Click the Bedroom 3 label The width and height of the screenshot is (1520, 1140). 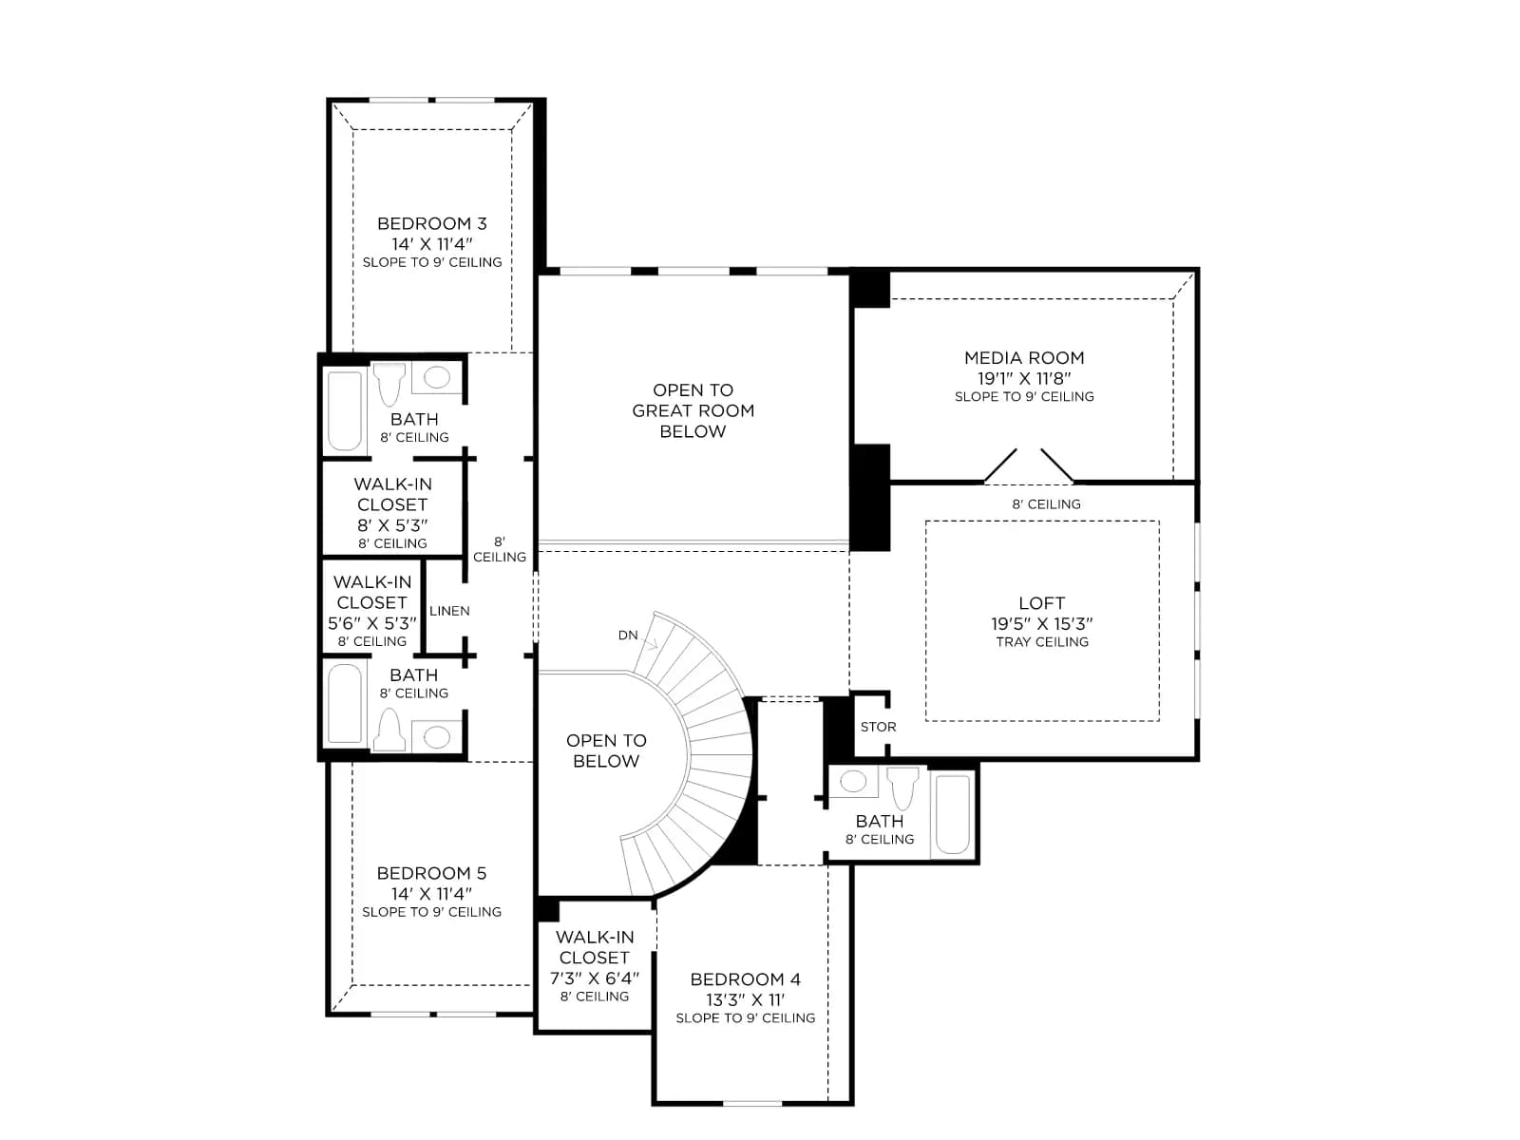click(x=431, y=223)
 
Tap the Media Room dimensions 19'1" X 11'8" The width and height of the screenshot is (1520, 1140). click(x=1023, y=378)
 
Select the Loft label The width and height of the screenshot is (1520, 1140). click(x=1041, y=603)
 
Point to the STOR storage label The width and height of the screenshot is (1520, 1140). click(x=878, y=727)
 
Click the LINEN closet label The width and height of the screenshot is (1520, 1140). click(x=449, y=611)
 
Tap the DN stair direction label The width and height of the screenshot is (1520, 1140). click(x=627, y=635)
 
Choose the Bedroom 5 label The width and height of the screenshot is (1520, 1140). click(x=431, y=873)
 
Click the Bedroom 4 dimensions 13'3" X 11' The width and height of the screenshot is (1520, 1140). click(x=745, y=999)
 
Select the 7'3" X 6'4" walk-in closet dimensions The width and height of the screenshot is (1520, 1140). click(x=594, y=978)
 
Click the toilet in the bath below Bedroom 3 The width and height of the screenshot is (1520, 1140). click(x=389, y=383)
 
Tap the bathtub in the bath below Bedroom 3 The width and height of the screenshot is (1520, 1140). click(x=345, y=411)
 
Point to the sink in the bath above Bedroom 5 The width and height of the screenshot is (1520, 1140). click(x=437, y=736)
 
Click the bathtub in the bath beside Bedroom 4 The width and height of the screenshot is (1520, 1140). click(x=953, y=814)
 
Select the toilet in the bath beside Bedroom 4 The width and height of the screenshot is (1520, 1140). click(x=903, y=787)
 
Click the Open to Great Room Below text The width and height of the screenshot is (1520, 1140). click(x=693, y=410)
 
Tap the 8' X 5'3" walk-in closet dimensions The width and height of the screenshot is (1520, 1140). click(x=392, y=524)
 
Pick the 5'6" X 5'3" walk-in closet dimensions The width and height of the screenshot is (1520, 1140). click(x=371, y=622)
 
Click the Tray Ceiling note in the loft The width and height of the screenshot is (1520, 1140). click(x=1041, y=641)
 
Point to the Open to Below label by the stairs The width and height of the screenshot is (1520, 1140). click(x=606, y=750)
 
